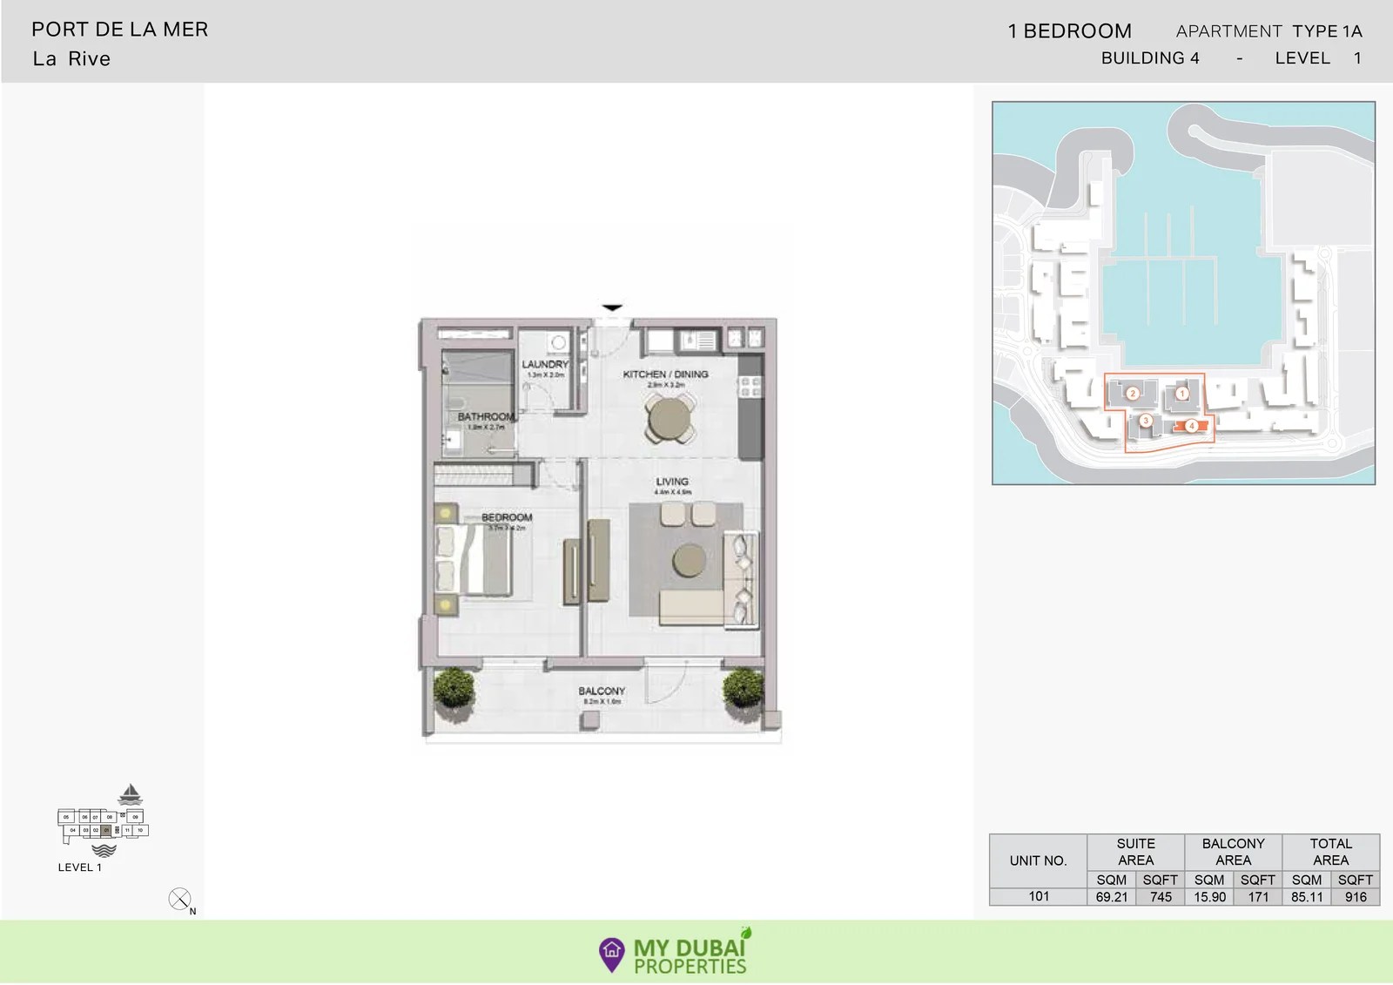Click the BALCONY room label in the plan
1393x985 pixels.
(x=602, y=691)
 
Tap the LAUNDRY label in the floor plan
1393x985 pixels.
(x=545, y=364)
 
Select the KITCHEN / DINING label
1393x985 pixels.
(x=665, y=374)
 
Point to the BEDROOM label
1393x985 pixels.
(x=507, y=517)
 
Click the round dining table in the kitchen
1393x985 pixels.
(x=669, y=418)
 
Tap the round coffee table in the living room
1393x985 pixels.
(x=690, y=560)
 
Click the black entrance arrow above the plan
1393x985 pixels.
(x=612, y=307)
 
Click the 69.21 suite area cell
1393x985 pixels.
(x=1112, y=897)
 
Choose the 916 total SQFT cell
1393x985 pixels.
(x=1356, y=897)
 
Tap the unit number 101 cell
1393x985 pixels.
(x=1039, y=896)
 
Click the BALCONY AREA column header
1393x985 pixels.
(x=1233, y=852)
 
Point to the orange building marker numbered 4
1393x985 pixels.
(x=1192, y=426)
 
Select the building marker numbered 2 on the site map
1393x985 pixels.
(x=1133, y=394)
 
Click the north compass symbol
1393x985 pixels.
(x=179, y=899)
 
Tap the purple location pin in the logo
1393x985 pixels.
(x=612, y=954)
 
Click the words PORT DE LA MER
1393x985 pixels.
(x=120, y=30)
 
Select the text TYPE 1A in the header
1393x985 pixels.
(x=1327, y=31)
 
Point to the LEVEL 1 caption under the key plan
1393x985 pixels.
(x=80, y=867)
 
